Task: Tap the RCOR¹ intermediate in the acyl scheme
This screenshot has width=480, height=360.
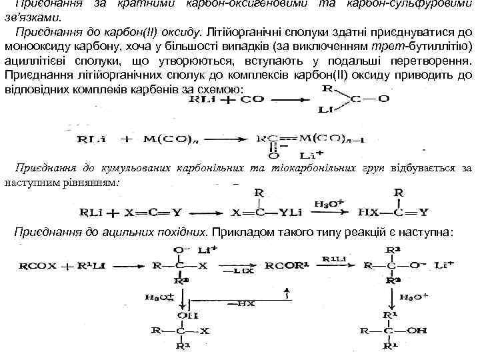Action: click(282, 265)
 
